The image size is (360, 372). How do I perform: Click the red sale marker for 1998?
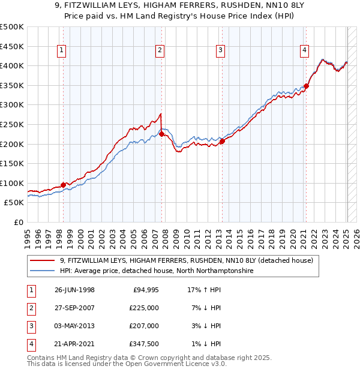coord(63,185)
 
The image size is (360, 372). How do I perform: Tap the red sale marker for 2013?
coord(222,142)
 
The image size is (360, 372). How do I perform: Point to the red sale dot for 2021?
coord(306,86)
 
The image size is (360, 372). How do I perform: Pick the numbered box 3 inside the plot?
coord(221,50)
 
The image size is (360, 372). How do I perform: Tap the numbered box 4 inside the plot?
coord(305,50)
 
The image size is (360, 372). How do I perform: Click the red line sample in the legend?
coord(42,261)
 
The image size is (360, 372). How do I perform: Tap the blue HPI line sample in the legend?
coord(42,271)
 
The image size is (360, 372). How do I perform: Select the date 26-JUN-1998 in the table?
coord(74,290)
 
